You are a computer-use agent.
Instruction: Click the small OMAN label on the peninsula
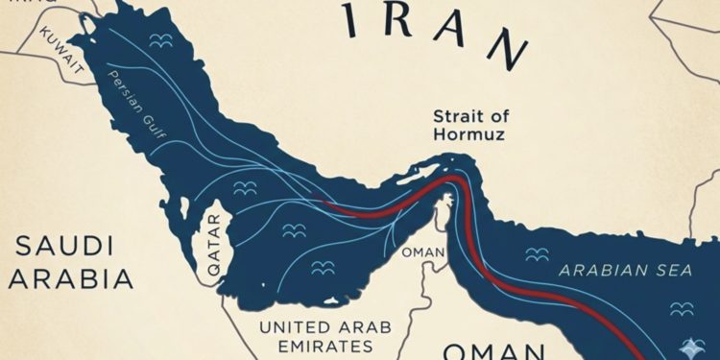coord(423,252)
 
